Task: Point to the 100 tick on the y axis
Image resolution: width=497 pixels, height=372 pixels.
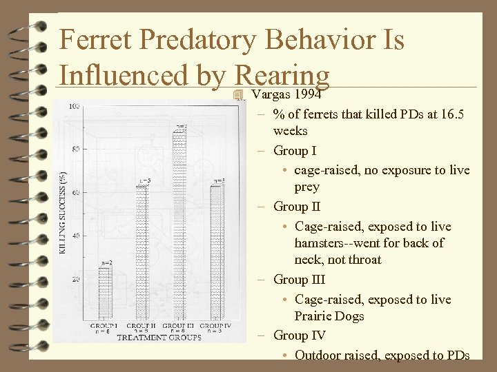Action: click(x=73, y=106)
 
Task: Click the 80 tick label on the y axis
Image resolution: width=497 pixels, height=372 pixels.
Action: click(x=75, y=149)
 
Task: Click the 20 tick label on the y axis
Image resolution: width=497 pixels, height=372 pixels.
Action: click(x=75, y=279)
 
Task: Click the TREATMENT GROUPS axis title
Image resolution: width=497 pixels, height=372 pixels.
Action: click(x=159, y=338)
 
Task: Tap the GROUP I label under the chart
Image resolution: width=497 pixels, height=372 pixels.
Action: click(x=104, y=325)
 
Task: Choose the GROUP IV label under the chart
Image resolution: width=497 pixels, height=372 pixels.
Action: click(x=216, y=325)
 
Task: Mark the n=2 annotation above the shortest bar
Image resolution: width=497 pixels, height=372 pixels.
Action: click(x=106, y=263)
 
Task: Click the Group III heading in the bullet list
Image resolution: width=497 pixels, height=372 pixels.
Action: click(x=299, y=280)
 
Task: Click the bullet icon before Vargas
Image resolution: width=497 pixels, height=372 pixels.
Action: click(x=239, y=94)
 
